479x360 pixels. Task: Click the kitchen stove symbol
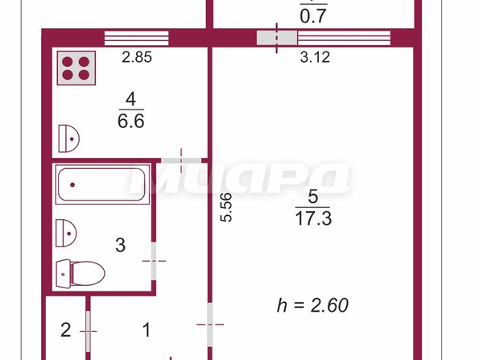76,68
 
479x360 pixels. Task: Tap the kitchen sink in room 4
68,139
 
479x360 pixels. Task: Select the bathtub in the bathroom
102,184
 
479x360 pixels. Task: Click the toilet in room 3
81,273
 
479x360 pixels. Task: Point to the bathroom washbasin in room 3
66,233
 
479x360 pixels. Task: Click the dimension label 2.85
137,57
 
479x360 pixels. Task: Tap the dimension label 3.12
315,57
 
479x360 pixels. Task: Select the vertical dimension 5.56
227,207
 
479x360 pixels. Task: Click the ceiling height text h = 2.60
312,305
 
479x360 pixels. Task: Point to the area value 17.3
313,219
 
